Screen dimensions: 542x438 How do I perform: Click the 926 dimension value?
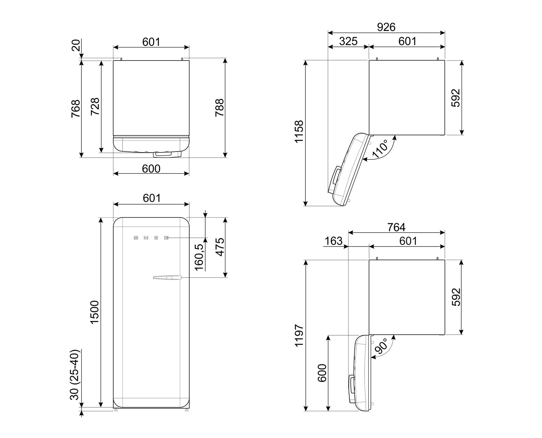coord(386,27)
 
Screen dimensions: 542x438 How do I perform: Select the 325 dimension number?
coord(348,41)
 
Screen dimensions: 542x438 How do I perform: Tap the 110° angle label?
coord(380,149)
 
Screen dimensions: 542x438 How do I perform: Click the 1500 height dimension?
coord(95,312)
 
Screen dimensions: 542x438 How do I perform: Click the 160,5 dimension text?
coord(199,257)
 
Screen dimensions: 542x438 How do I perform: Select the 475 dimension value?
coord(220,247)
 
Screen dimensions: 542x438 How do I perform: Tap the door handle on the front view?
coord(167,277)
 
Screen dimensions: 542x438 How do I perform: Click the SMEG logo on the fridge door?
coord(151,238)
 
